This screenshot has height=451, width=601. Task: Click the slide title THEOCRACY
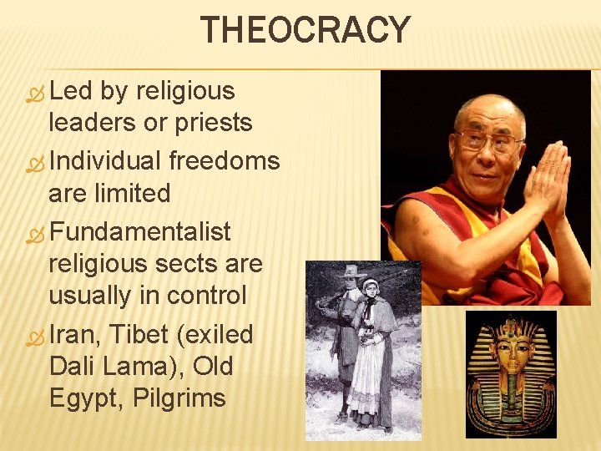306,31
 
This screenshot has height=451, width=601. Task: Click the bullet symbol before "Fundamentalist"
33,231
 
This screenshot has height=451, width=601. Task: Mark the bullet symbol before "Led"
33,92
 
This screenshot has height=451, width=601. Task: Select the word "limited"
133,193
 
